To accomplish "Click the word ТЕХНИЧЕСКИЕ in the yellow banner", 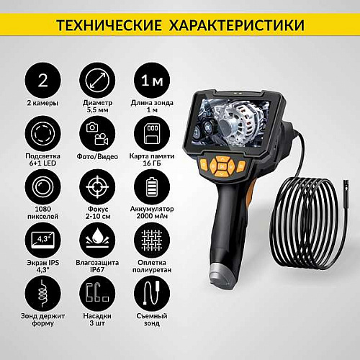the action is click(109, 25).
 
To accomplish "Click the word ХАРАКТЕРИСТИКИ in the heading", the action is click(237, 25).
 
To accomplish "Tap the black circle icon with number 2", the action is click(42, 81).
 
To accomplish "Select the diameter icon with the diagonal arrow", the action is click(97, 81).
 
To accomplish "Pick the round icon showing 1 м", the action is click(152, 81).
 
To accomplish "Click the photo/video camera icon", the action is click(97, 134).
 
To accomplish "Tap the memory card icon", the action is click(152, 134).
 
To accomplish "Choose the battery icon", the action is click(152, 187).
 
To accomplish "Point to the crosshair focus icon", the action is click(97, 187).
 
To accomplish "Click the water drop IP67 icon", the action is click(97, 240).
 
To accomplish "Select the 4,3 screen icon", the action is click(42, 240).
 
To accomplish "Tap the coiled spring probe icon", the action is click(42, 294).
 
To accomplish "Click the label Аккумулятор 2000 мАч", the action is click(152, 212).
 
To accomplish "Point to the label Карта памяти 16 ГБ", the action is click(152, 159).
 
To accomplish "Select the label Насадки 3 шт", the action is click(97, 319).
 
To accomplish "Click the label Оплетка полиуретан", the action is click(152, 266).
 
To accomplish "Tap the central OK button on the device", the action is click(222, 166).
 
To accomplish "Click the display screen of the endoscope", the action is click(231, 122).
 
